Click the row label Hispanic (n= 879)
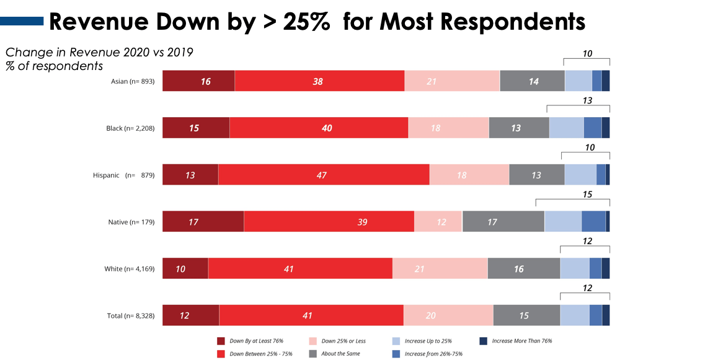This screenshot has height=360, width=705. point(123,175)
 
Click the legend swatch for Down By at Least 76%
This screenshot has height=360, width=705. point(221,341)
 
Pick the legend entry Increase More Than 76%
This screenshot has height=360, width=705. point(521,341)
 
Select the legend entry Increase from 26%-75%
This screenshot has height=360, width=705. point(433,354)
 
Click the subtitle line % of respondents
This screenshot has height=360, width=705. point(55,66)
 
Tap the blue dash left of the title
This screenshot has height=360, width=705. point(22,22)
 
